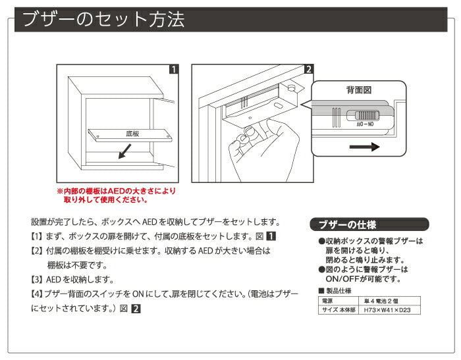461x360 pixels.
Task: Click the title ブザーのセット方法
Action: click(103, 19)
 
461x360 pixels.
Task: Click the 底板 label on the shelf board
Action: click(132, 134)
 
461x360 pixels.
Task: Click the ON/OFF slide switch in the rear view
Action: click(364, 117)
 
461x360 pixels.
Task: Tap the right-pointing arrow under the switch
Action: click(366, 147)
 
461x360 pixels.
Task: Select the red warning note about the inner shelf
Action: click(117, 195)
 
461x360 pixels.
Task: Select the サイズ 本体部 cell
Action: click(338, 309)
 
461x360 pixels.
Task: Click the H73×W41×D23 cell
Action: click(391, 309)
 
